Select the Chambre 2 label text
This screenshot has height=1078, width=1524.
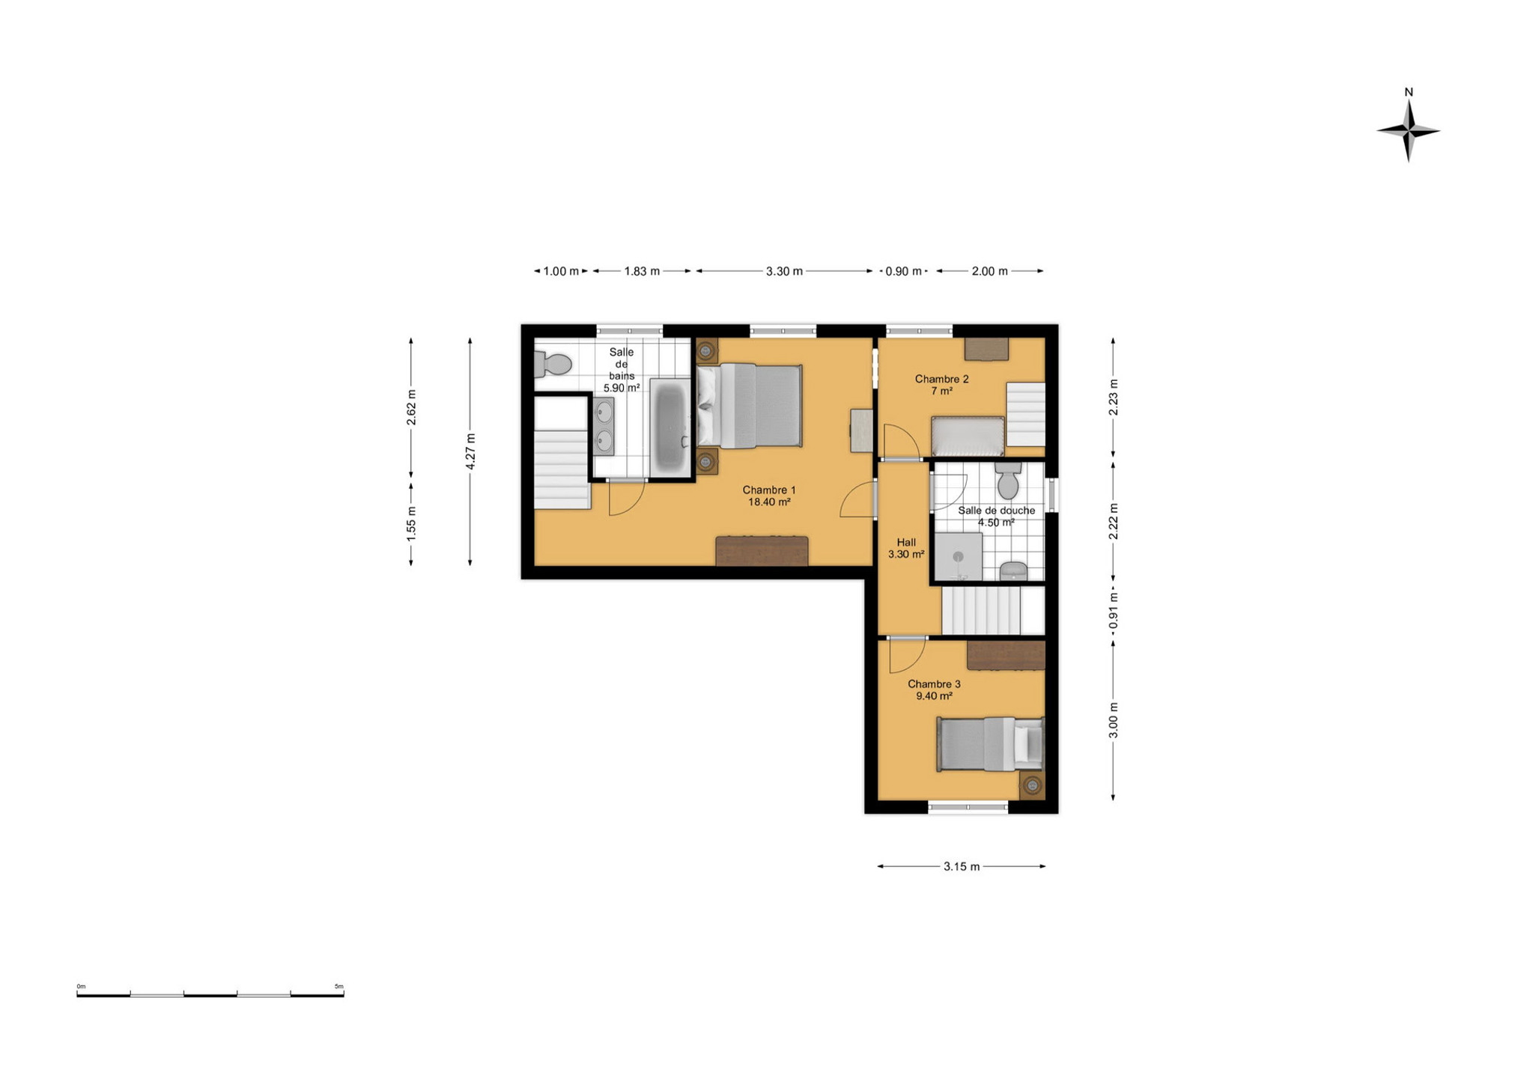941,379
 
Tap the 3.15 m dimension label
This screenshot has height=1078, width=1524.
962,866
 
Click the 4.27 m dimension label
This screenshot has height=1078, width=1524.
470,451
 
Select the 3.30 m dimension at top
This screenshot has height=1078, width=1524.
784,271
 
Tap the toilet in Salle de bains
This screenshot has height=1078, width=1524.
553,365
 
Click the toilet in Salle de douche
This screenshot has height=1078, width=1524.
1008,480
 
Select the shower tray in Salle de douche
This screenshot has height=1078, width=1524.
958,556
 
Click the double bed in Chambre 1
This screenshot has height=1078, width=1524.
750,406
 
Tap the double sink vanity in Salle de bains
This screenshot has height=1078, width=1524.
604,426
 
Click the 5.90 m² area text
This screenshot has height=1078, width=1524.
622,388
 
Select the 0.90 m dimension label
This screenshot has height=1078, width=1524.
904,271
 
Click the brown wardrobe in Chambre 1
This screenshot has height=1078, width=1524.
762,550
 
